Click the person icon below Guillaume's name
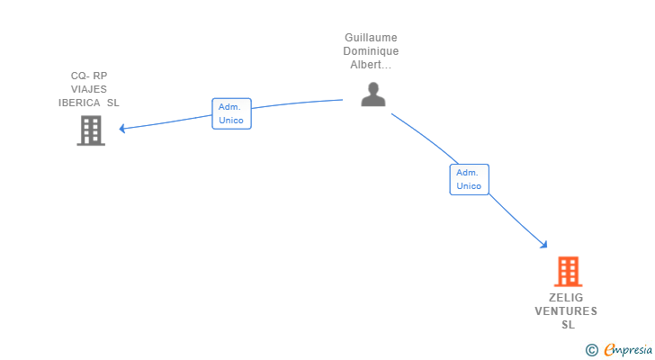pos(373,94)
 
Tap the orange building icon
pos(568,272)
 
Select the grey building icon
pos(91,130)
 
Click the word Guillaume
pos(371,38)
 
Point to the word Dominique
pos(371,51)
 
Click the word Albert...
pos(365,65)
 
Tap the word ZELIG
pos(566,298)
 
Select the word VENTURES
pos(566,311)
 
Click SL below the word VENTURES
pos(568,325)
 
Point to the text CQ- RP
pos(89,76)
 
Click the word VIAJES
pos(89,89)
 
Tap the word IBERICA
pos(79,103)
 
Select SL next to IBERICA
pos(113,103)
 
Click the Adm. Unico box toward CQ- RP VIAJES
pos(231,113)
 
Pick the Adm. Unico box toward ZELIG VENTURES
pos(469,179)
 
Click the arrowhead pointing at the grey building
pos(122,129)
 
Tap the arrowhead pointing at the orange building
pos(543,245)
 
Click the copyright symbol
pos(591,350)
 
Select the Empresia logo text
pos(628,349)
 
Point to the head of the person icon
pos(373,88)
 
